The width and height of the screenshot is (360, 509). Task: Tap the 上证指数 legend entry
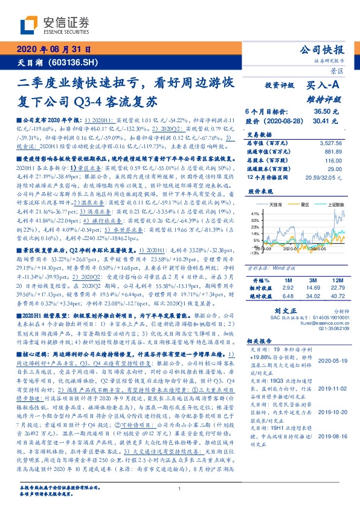click(334, 206)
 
